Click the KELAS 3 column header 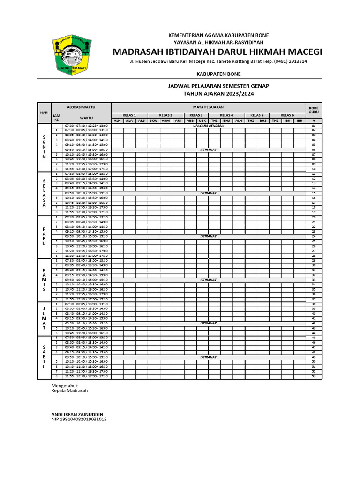[x=196, y=115]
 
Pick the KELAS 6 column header [x=287, y=115]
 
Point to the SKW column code [x=153, y=120]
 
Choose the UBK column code [x=202, y=120]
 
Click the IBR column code [x=299, y=120]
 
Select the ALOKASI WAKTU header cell [x=81, y=107]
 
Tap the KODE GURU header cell [x=314, y=110]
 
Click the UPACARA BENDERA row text [x=208, y=126]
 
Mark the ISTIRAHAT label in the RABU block [x=208, y=236]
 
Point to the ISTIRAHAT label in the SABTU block [x=208, y=357]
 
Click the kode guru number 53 [x=314, y=376]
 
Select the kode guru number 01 [x=314, y=126]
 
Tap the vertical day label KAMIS [x=44, y=280]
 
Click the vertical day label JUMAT [x=44, y=318]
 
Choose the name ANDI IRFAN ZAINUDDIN [x=77, y=414]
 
